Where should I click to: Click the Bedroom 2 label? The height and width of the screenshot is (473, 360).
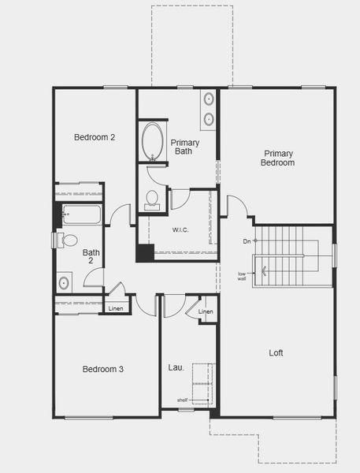pos(95,137)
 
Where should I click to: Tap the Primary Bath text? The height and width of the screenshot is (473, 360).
pos(185,147)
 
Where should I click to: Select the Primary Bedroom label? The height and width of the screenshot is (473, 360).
pos(279,158)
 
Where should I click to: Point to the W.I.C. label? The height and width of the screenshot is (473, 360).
pos(180,230)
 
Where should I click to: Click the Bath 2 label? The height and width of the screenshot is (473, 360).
pos(91,256)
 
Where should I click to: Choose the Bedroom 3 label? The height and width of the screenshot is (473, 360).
pos(103,369)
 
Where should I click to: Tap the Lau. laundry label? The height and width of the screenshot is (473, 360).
pos(176,367)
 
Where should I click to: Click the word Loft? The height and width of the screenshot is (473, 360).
pos(276,353)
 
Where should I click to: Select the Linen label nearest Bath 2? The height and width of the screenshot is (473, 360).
pos(116,308)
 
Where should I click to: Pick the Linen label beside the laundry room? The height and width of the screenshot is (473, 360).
pos(206,312)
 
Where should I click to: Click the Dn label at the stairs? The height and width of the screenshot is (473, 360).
pos(247,240)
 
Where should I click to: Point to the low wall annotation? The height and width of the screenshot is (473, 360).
pos(242,276)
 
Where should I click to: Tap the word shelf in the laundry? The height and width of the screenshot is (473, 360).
pos(182,400)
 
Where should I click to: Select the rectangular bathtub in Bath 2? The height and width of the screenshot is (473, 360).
pos(81,214)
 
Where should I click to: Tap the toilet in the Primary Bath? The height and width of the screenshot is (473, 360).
pos(152,199)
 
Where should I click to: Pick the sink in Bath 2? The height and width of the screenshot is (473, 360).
pos(64,281)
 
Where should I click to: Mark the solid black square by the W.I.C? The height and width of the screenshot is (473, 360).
pos(145,253)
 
